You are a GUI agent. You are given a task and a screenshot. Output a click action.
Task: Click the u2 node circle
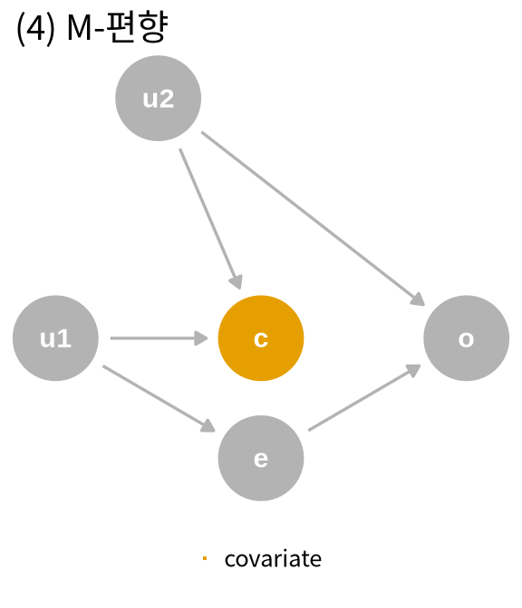pyautogui.click(x=158, y=98)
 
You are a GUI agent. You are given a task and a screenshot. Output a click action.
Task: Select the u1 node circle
pyautogui.click(x=55, y=338)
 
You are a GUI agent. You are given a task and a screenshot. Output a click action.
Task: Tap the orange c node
pyautogui.click(x=261, y=338)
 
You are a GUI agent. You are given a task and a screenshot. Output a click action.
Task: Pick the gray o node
pyautogui.click(x=466, y=338)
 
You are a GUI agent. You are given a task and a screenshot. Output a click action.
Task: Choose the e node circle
pyautogui.click(x=261, y=458)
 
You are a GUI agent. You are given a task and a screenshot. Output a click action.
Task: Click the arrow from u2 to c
pyautogui.click(x=211, y=219)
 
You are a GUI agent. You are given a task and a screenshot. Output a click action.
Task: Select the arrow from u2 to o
pyautogui.click(x=313, y=219)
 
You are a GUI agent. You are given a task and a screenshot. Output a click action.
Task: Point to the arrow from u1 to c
pyautogui.click(x=159, y=338)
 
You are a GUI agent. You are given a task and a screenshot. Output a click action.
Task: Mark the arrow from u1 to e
pyautogui.click(x=159, y=399)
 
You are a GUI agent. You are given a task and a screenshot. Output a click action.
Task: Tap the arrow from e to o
pyautogui.click(x=364, y=397)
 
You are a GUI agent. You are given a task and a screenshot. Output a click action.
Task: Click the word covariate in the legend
pyautogui.click(x=273, y=559)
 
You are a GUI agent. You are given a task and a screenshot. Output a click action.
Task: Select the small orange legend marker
pyautogui.click(x=205, y=558)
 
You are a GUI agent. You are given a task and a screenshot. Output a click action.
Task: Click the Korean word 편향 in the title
pyautogui.click(x=137, y=26)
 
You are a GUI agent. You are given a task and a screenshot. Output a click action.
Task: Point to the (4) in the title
pyautogui.click(x=35, y=28)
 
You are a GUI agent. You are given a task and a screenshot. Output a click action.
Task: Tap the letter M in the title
pyautogui.click(x=80, y=27)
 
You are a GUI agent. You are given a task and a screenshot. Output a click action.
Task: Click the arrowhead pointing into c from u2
pyautogui.click(x=237, y=282)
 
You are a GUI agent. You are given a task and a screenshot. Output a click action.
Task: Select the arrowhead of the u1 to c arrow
pyautogui.click(x=201, y=338)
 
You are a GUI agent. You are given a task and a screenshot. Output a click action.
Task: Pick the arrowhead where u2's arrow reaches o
pyautogui.click(x=418, y=299)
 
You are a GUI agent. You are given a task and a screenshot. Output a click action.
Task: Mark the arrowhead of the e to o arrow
pyautogui.click(x=414, y=370)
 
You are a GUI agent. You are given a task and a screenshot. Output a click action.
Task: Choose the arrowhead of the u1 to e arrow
pyautogui.click(x=208, y=426)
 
